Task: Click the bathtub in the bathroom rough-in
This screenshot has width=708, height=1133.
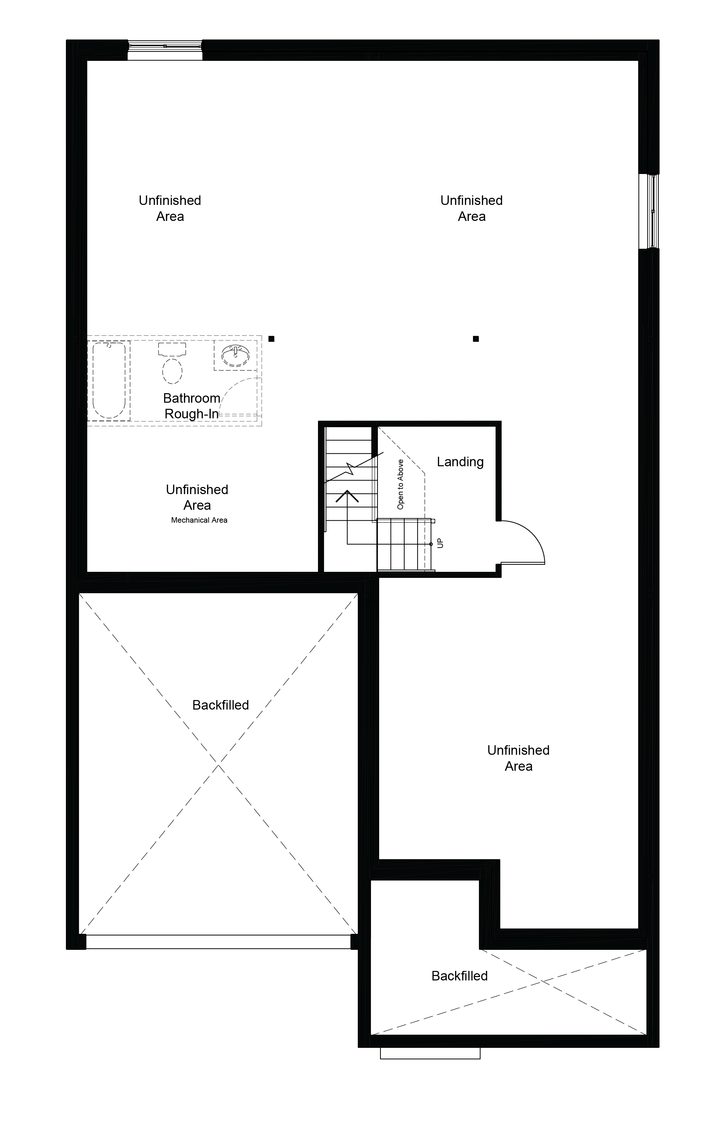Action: pyautogui.click(x=109, y=380)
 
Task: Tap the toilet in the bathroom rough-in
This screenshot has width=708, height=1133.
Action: pyautogui.click(x=172, y=363)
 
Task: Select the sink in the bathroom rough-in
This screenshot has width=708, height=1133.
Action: pyautogui.click(x=235, y=355)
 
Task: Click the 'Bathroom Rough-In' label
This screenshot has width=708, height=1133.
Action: pyautogui.click(x=192, y=406)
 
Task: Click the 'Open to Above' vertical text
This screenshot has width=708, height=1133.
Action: pyautogui.click(x=400, y=484)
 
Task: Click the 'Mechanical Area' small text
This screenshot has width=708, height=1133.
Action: pyautogui.click(x=199, y=520)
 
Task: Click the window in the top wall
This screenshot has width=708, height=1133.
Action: pyautogui.click(x=165, y=46)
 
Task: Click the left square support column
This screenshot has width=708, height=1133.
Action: pyautogui.click(x=271, y=338)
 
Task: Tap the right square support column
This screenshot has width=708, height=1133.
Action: pyautogui.click(x=476, y=338)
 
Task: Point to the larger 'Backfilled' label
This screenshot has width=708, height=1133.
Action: pyautogui.click(x=220, y=705)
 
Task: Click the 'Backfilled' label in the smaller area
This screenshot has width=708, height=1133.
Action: pyautogui.click(x=459, y=976)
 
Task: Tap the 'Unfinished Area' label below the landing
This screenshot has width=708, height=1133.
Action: pyautogui.click(x=518, y=758)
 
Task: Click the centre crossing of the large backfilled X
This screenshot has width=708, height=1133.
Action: pyautogui.click(x=218, y=765)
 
